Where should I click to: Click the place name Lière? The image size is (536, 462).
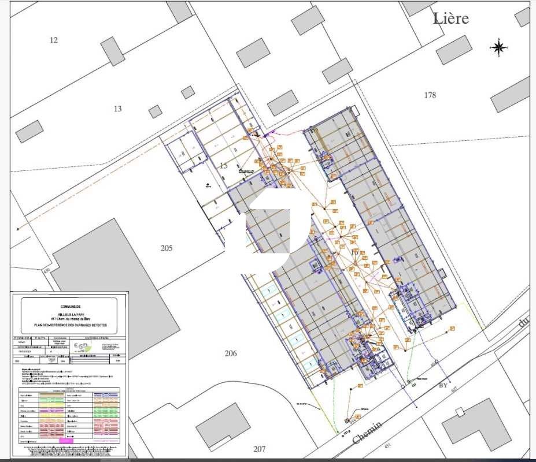point(451,18)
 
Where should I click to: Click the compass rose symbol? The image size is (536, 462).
point(499,48)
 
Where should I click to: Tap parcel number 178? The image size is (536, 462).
point(429,95)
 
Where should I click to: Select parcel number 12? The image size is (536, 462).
point(54,40)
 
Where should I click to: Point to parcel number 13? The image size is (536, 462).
point(118,109)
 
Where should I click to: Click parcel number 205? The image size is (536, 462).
point(167,248)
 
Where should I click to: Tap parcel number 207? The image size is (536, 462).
point(259,449)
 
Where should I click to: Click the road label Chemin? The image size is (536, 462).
point(367,433)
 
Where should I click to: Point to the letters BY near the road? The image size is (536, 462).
point(443,385)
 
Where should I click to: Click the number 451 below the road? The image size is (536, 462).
point(388,446)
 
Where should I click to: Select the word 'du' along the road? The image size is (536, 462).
point(524,323)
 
